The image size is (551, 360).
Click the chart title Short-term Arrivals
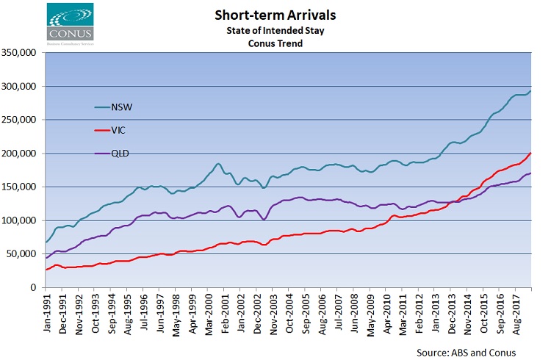pos(276,14)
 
